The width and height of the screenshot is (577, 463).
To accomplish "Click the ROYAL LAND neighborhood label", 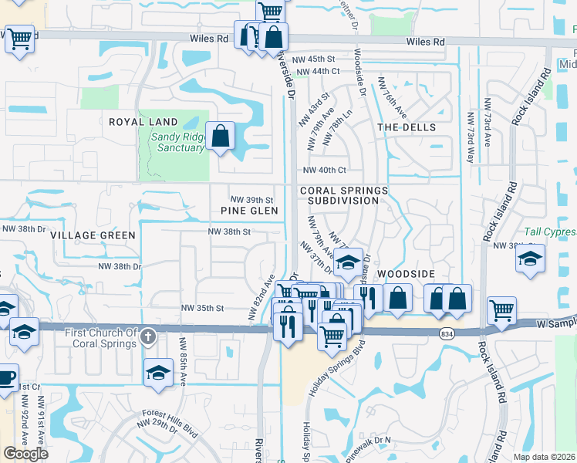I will click(x=143, y=122).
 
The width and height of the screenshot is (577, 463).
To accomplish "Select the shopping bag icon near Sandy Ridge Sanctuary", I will click(x=221, y=136).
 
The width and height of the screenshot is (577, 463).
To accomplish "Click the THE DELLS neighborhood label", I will click(x=407, y=127).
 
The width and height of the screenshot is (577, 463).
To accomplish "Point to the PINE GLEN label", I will click(x=248, y=210).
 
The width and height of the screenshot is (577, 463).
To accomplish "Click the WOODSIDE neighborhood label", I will click(x=407, y=274).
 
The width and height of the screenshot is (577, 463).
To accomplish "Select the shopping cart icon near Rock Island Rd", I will click(x=502, y=310).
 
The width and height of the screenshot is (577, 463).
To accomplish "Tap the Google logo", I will click(x=25, y=454).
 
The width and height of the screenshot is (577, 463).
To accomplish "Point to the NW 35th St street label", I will click(x=202, y=307).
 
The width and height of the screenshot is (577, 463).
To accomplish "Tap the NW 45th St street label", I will click(x=316, y=59).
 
